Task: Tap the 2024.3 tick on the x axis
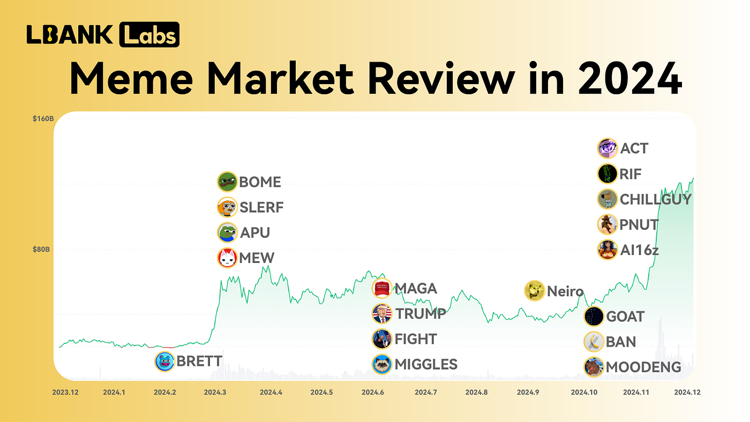(x=215, y=392)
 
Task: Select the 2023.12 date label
(x=65, y=392)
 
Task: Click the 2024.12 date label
(x=687, y=392)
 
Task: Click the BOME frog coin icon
(x=227, y=182)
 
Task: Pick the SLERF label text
(x=261, y=207)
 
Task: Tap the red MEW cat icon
(x=227, y=258)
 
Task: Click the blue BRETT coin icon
(x=164, y=361)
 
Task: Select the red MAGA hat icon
(x=382, y=289)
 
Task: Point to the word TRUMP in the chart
(x=421, y=314)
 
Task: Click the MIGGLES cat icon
(x=382, y=365)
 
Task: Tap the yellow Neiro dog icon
(x=534, y=291)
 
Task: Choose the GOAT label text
(x=625, y=316)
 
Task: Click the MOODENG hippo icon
(x=594, y=367)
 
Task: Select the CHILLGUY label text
(x=656, y=199)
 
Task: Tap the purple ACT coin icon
(x=607, y=148)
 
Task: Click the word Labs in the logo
(x=149, y=35)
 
